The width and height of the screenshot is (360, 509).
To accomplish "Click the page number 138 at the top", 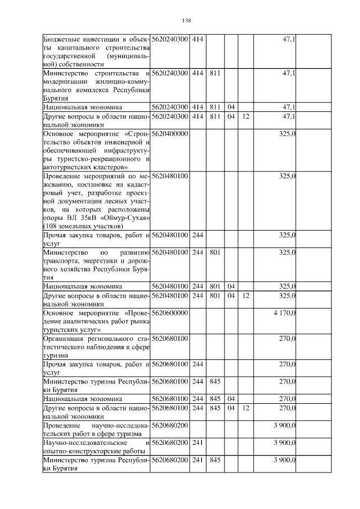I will [x=187, y=21].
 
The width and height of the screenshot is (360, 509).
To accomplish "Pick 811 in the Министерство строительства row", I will [x=214, y=74].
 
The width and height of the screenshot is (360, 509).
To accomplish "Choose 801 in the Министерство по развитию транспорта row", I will [x=214, y=253].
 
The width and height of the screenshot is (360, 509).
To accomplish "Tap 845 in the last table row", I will [x=214, y=460].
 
